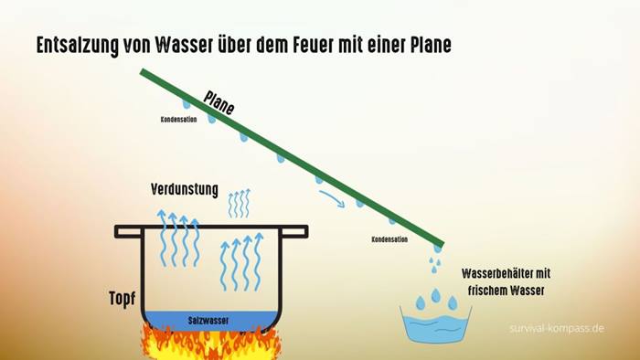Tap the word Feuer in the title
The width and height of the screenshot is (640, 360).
click(x=313, y=45)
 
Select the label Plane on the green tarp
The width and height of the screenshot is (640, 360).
click(x=219, y=102)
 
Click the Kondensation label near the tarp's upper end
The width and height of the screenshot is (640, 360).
click(x=179, y=120)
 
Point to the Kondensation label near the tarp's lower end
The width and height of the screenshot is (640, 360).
click(x=389, y=239)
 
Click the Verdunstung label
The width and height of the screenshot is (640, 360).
click(x=185, y=189)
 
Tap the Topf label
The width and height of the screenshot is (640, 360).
click(x=122, y=299)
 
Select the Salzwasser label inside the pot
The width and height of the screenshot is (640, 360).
click(x=208, y=321)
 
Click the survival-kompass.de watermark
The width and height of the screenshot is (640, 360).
click(x=557, y=328)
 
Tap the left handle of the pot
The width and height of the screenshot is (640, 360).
click(x=128, y=231)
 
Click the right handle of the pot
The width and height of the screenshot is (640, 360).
click(x=294, y=231)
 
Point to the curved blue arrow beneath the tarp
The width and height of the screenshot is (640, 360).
click(x=332, y=197)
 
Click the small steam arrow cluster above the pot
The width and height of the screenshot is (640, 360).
click(x=240, y=203)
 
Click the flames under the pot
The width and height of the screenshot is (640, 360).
click(x=211, y=343)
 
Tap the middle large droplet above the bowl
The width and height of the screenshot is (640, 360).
click(x=436, y=295)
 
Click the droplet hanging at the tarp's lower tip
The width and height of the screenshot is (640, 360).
click(x=437, y=249)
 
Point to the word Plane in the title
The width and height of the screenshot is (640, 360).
click(x=431, y=45)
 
